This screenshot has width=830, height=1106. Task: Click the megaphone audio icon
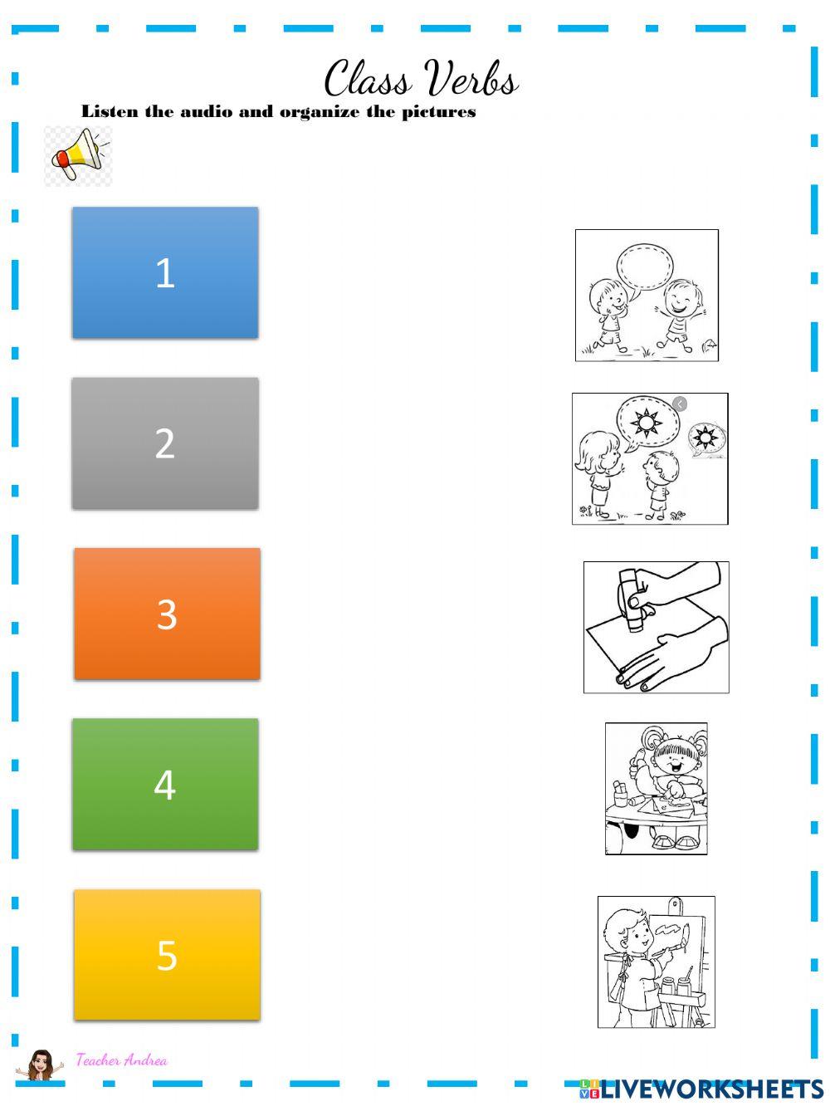coord(77,155)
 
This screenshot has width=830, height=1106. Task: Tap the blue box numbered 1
coord(165,272)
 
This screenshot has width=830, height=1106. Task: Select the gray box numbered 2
coord(165,443)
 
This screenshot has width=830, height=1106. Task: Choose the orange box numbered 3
coord(167,614)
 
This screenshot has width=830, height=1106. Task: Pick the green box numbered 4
coord(165,785)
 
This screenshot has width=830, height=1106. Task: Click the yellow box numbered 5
coord(167,955)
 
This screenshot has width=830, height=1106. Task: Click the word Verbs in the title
coord(471,80)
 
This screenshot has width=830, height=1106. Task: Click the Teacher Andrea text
coord(121,1060)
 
